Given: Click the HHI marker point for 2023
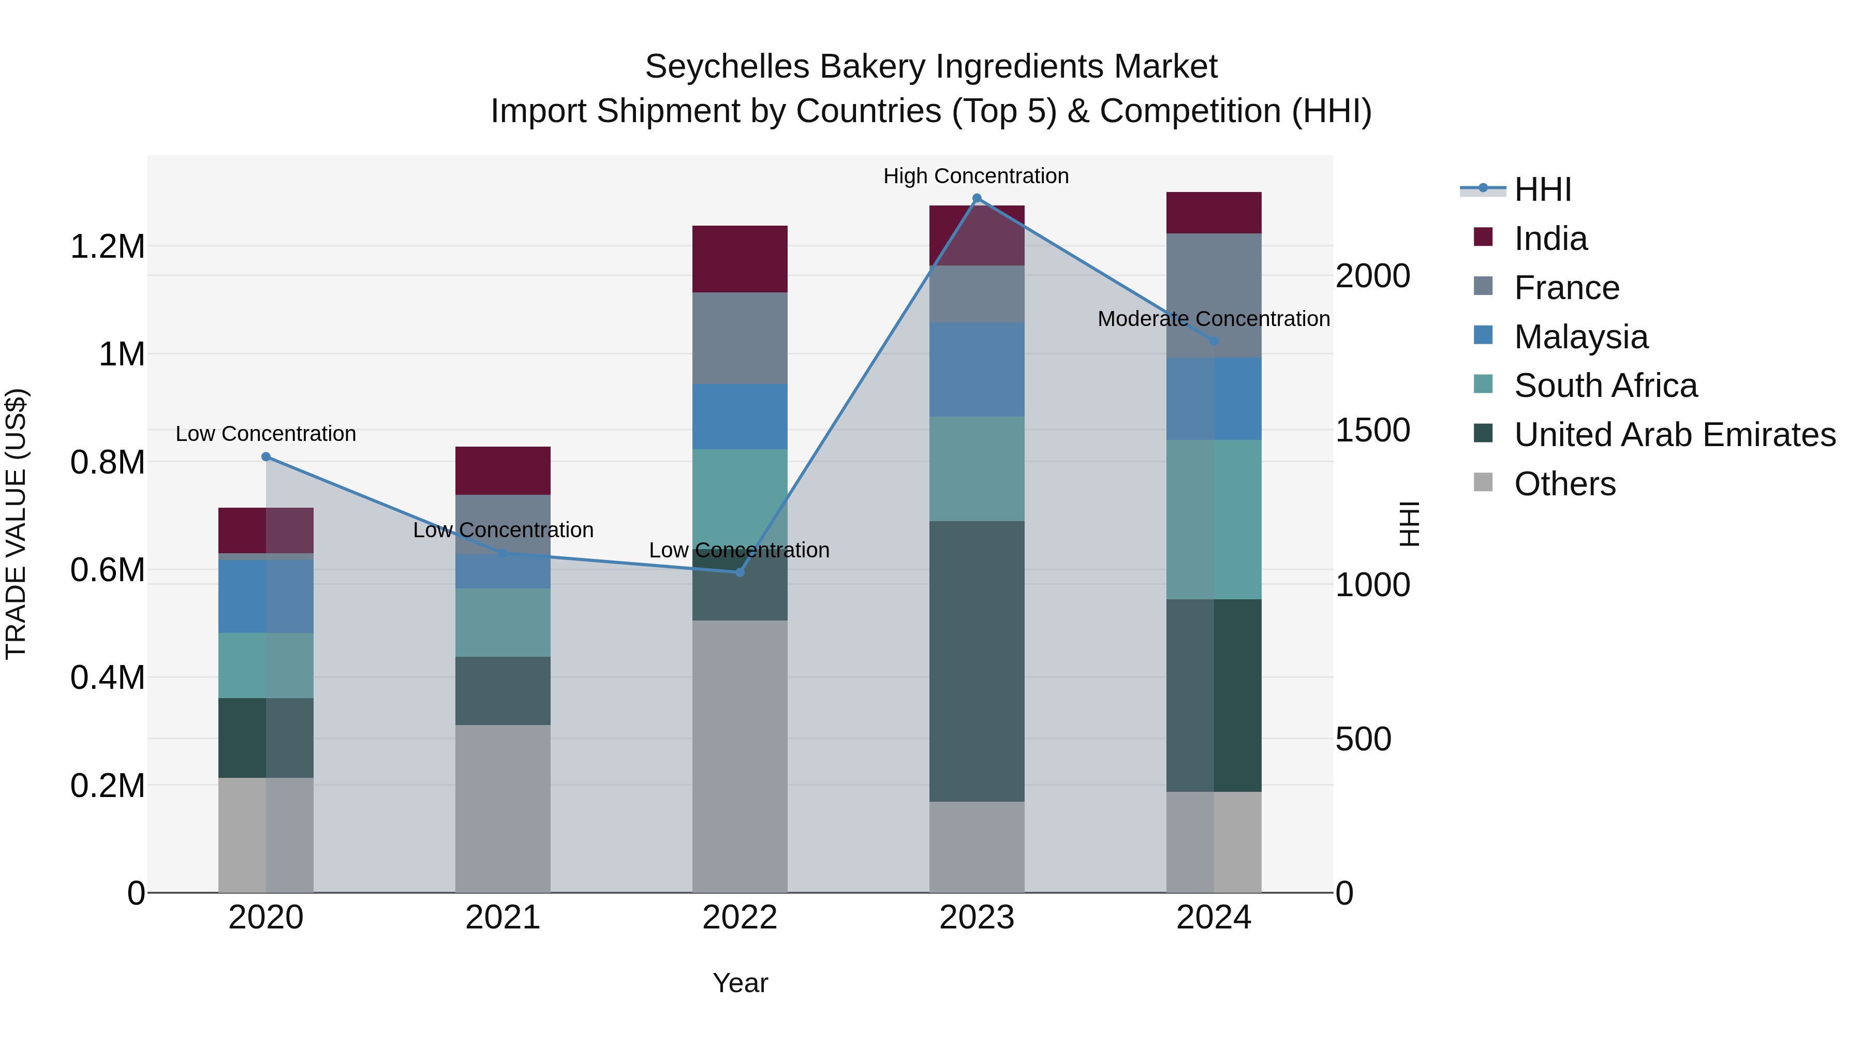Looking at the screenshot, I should [x=977, y=198].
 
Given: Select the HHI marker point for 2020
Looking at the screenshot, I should [x=265, y=456].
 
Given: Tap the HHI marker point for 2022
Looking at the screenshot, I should [x=739, y=572].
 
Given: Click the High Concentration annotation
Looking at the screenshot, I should [x=975, y=176].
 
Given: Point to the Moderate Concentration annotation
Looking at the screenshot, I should [x=1213, y=318].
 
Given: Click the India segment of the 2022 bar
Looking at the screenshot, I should [x=739, y=259].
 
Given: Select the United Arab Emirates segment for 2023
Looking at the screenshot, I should [x=977, y=660].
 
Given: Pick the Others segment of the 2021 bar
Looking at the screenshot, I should [x=502, y=808].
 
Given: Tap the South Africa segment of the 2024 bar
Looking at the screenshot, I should [x=1214, y=519].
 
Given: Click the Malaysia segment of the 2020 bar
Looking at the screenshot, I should [x=265, y=596].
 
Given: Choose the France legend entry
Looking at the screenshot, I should [x=1566, y=288].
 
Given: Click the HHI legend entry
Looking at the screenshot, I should [x=1542, y=189].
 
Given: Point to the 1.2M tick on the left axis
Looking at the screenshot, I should [x=107, y=247].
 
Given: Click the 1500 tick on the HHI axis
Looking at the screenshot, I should [x=1372, y=431].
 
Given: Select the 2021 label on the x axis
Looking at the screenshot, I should [x=502, y=917].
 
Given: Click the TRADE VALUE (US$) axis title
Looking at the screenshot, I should [x=16, y=524].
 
